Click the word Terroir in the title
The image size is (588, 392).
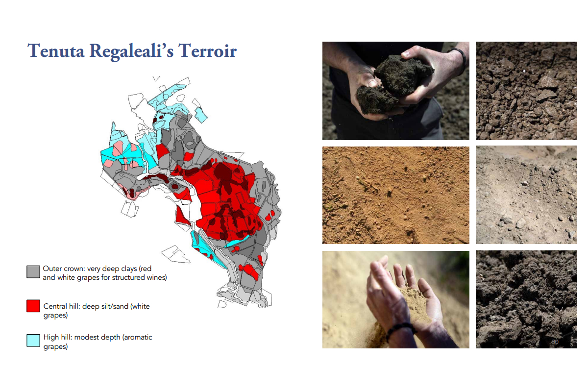[x=207, y=50]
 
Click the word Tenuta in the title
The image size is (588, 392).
[x=56, y=50]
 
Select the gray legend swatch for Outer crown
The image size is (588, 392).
[x=33, y=272]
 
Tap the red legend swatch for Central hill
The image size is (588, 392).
[x=33, y=306]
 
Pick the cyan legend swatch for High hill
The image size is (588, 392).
[x=33, y=340]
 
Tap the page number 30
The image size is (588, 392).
[x=555, y=342]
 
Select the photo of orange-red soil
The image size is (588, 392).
[x=395, y=195]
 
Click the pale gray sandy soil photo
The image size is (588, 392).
[x=526, y=195]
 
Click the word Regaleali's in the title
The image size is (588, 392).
[x=131, y=51]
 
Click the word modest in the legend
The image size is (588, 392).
[x=86, y=338]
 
